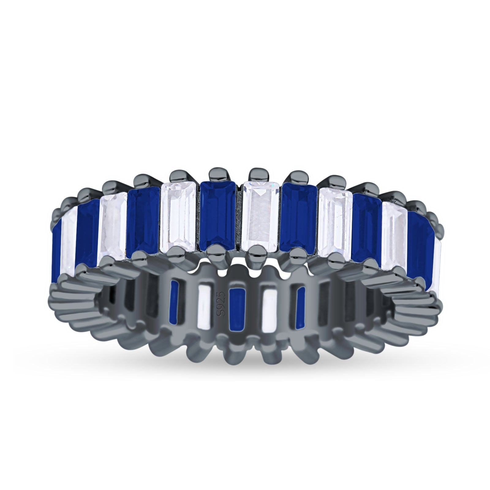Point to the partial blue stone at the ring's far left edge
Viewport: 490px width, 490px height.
click(x=56, y=248)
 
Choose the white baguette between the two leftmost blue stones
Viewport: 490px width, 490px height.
click(x=69, y=242)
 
